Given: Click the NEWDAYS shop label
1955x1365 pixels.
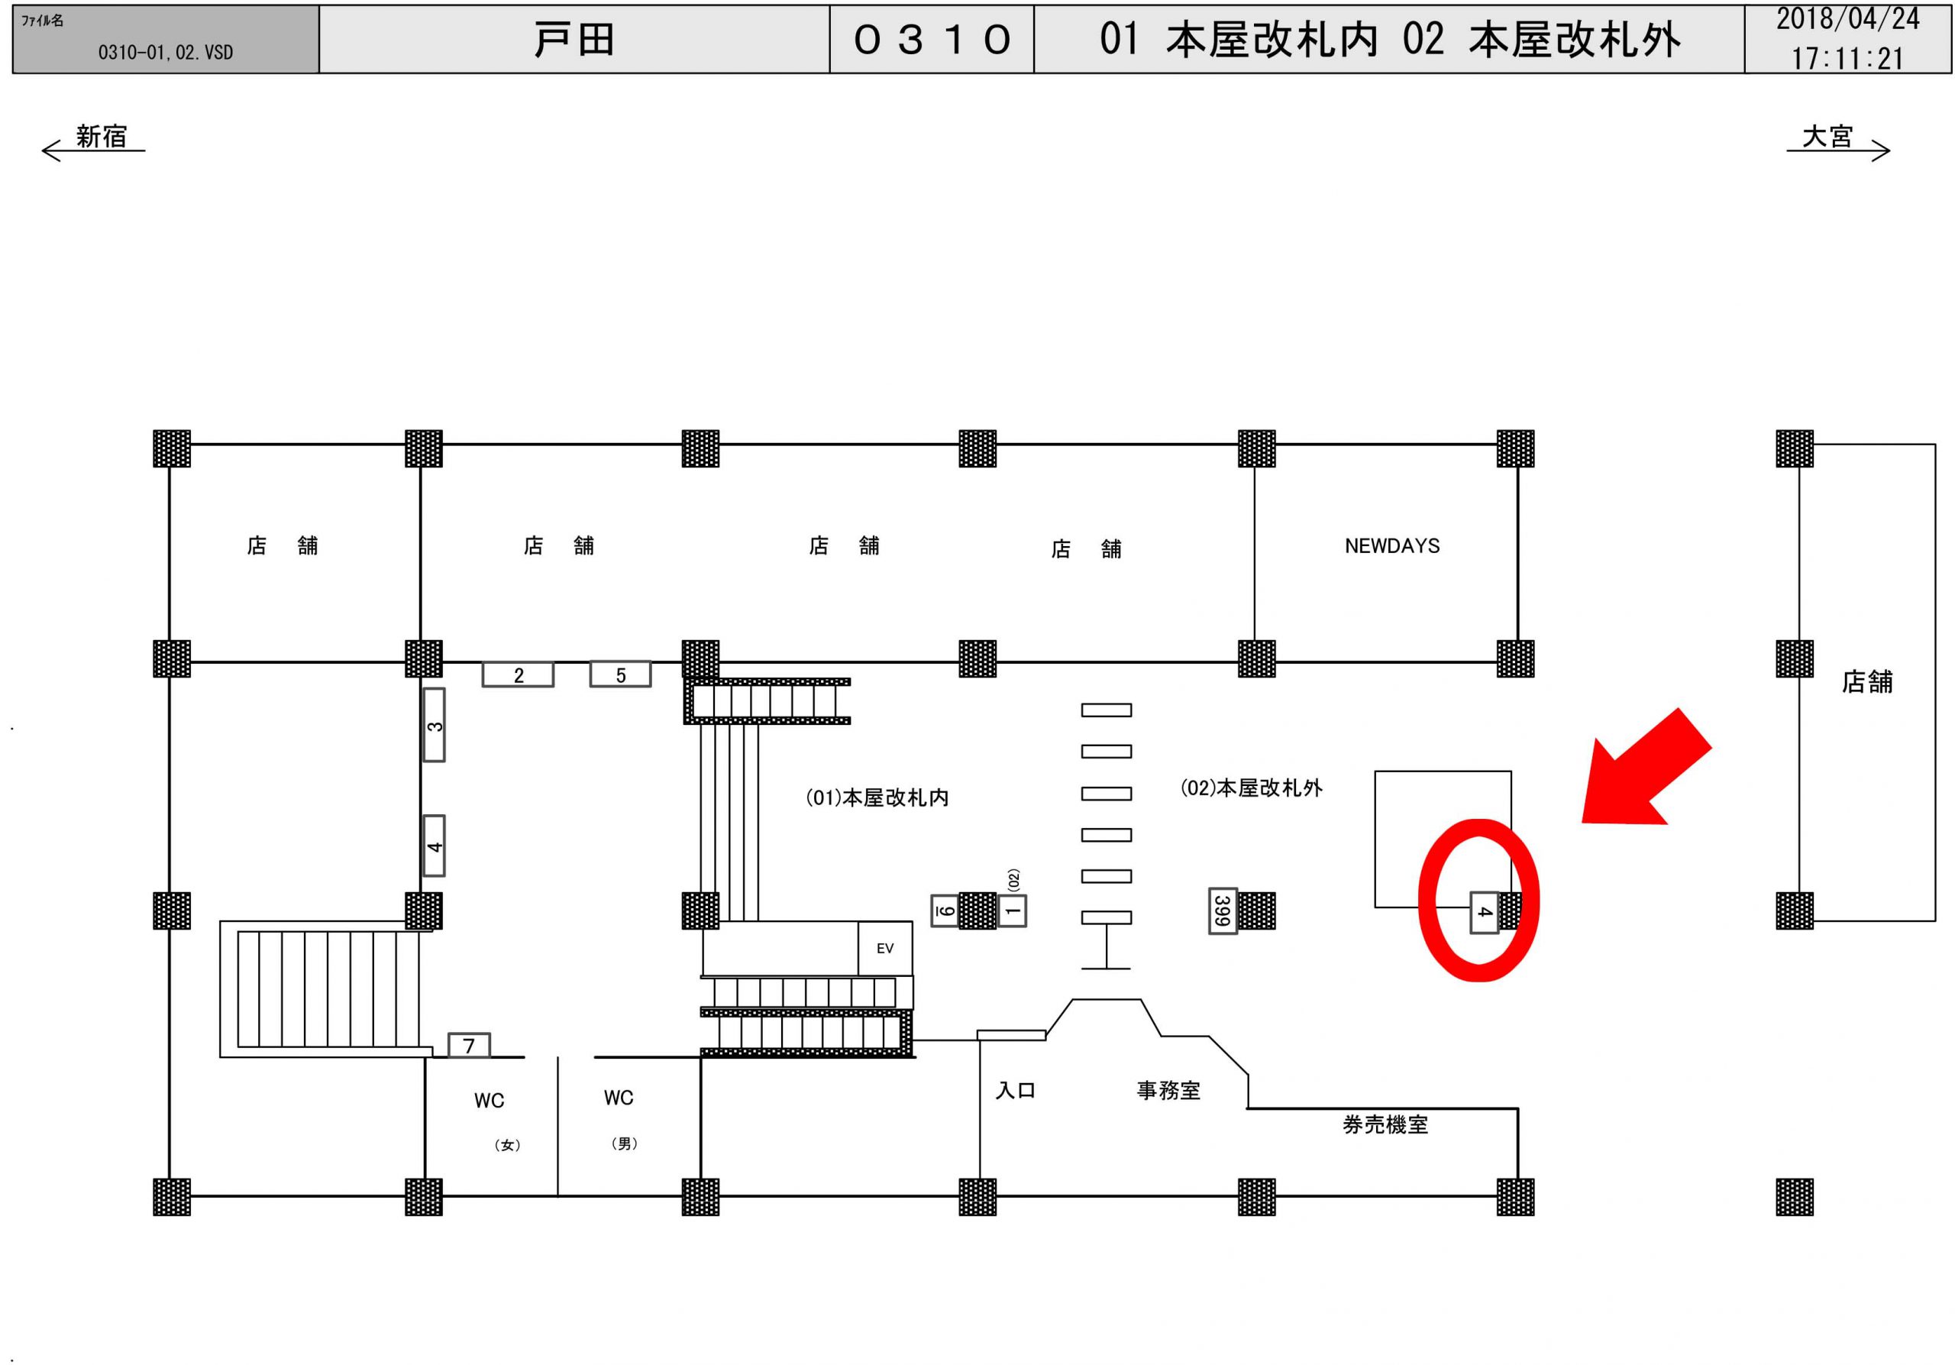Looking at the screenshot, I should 1391,546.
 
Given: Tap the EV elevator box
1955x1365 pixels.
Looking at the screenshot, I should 884,948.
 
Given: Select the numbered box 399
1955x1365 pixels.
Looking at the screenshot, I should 1222,911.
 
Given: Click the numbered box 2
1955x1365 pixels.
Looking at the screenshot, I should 518,675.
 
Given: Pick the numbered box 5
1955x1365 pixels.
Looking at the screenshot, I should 621,675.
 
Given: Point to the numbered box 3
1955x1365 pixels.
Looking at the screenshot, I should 435,726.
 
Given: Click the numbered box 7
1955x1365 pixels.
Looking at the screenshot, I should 469,1046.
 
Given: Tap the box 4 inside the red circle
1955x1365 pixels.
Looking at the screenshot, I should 1484,913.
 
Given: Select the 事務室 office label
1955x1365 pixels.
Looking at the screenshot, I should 1168,1091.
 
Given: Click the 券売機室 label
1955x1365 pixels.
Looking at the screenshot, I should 1385,1125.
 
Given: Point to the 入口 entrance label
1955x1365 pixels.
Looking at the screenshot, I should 1015,1091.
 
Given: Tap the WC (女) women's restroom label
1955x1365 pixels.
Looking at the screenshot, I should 490,1101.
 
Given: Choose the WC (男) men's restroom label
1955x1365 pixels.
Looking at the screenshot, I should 619,1098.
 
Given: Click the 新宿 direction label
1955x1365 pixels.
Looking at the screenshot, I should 102,136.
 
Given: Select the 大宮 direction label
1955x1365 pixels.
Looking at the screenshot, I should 1827,136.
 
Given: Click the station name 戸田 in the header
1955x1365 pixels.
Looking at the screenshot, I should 574,40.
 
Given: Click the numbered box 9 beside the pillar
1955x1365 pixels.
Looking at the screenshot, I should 945,911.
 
